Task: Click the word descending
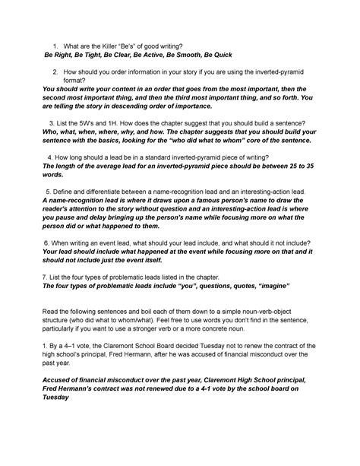[x=133, y=108]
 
